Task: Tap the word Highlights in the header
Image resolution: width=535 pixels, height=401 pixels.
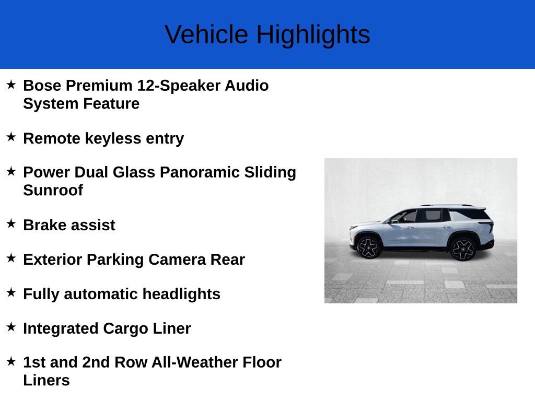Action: [313, 35]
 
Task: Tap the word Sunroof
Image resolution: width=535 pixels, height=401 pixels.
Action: [53, 190]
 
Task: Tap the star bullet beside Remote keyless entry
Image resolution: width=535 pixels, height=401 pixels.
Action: [11, 137]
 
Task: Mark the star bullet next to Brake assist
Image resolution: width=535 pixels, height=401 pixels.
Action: [11, 224]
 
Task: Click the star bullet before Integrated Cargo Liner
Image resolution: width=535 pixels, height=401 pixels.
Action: [11, 327]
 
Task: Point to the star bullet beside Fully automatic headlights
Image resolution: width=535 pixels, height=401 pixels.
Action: [11, 293]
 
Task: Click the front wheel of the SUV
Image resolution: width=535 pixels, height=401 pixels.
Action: [369, 247]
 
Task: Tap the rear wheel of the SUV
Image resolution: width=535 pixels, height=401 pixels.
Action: [462, 249]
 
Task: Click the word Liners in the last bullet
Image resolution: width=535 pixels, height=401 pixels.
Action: [46, 380]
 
